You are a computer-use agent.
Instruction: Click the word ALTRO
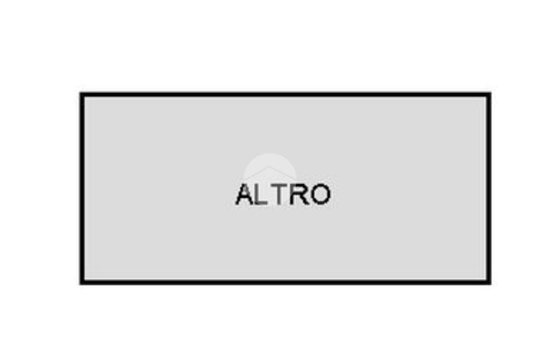[x=283, y=194]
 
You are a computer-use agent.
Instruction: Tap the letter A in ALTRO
[x=245, y=194]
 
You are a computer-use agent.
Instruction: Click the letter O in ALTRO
[x=320, y=194]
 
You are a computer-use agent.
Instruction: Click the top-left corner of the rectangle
[x=82, y=95]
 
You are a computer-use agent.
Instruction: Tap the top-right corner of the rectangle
[x=489, y=95]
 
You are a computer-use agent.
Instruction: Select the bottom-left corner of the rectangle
[x=82, y=282]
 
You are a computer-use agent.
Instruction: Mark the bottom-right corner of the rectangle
[x=489, y=282]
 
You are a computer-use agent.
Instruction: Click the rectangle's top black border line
[x=285, y=95]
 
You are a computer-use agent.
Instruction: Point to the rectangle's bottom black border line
[x=285, y=282]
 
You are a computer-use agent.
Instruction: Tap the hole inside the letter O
[x=320, y=194]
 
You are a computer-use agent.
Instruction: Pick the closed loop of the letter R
[x=300, y=190]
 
